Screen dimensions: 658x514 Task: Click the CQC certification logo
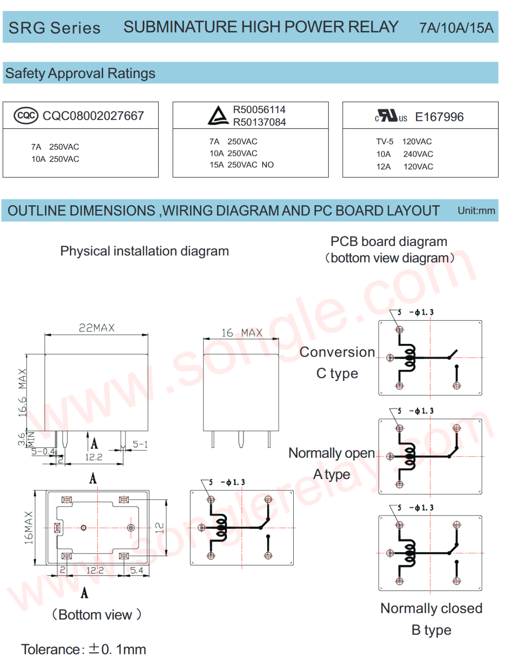(x=26, y=116)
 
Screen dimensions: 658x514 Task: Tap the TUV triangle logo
(x=218, y=116)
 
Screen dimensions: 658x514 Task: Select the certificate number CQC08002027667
(x=93, y=116)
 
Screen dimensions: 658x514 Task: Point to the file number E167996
(x=439, y=117)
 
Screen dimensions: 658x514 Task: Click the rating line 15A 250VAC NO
(x=241, y=165)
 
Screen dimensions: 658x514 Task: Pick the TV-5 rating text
(x=384, y=142)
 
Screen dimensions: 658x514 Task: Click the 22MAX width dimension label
(x=97, y=328)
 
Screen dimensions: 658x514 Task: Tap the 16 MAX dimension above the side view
(x=242, y=333)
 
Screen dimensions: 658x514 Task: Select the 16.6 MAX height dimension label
(x=22, y=393)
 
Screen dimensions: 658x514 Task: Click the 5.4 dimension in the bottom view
(x=137, y=570)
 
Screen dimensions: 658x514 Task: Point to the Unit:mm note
(x=476, y=211)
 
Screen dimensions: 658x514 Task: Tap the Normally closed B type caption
(x=431, y=619)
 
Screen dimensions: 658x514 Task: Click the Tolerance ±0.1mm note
(x=83, y=649)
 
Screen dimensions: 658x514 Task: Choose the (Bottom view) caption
(x=96, y=615)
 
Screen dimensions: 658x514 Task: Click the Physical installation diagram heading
(x=144, y=251)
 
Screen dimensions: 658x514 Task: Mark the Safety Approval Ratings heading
(x=80, y=74)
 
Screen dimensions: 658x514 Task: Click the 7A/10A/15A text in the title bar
(x=456, y=28)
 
